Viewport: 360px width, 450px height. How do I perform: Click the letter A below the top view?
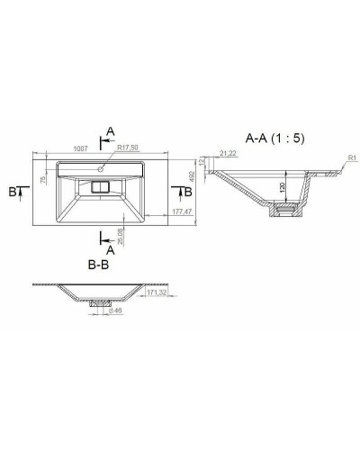tap(110, 251)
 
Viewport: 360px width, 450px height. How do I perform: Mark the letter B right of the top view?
tap(187, 192)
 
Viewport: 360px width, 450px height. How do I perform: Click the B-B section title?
tap(100, 266)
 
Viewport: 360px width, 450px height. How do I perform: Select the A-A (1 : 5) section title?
tap(275, 139)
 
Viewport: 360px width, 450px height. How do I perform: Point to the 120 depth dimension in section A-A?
tap(282, 189)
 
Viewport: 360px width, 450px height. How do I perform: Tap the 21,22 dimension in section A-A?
tap(227, 155)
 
